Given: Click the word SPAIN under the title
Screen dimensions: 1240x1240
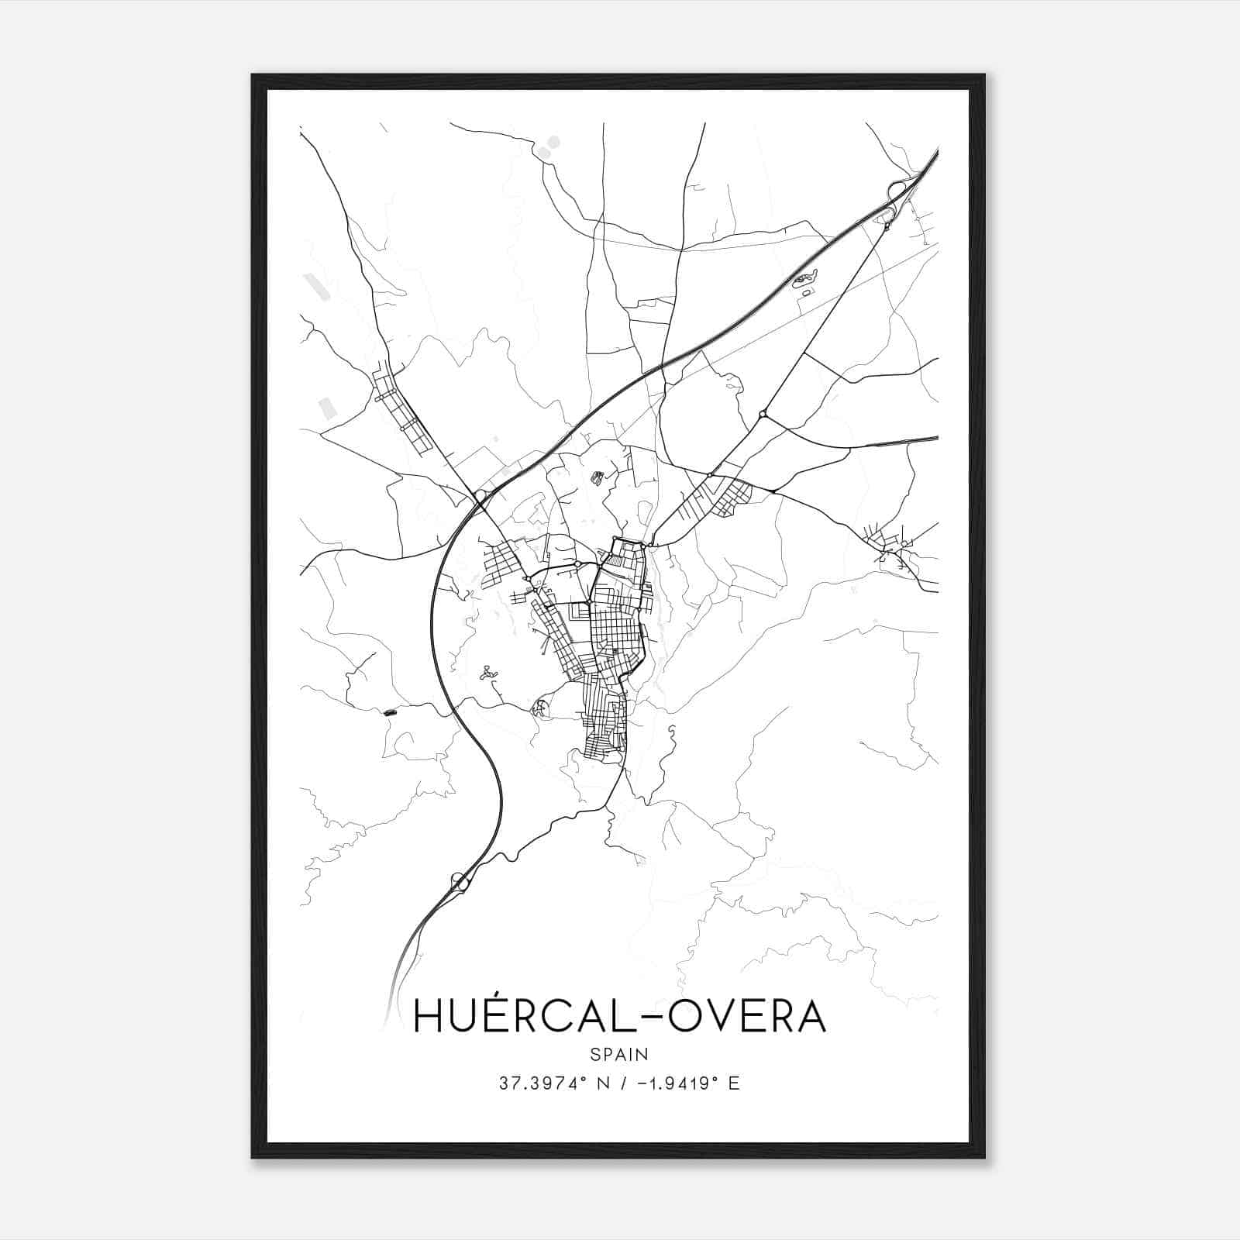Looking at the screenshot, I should click(x=619, y=1054).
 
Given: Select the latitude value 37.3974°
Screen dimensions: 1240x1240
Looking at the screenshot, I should click(x=538, y=1083).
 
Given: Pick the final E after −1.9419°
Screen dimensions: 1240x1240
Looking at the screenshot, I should click(x=734, y=1083).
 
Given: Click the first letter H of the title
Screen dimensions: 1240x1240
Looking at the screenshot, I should click(x=431, y=1017).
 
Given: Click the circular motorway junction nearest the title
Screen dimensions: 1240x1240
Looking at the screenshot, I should click(x=460, y=880).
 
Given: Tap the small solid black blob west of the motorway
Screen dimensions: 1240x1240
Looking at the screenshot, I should click(x=389, y=711).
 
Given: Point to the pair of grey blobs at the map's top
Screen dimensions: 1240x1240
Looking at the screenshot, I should click(x=549, y=146).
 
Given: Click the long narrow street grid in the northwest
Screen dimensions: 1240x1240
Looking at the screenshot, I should click(x=402, y=411).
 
